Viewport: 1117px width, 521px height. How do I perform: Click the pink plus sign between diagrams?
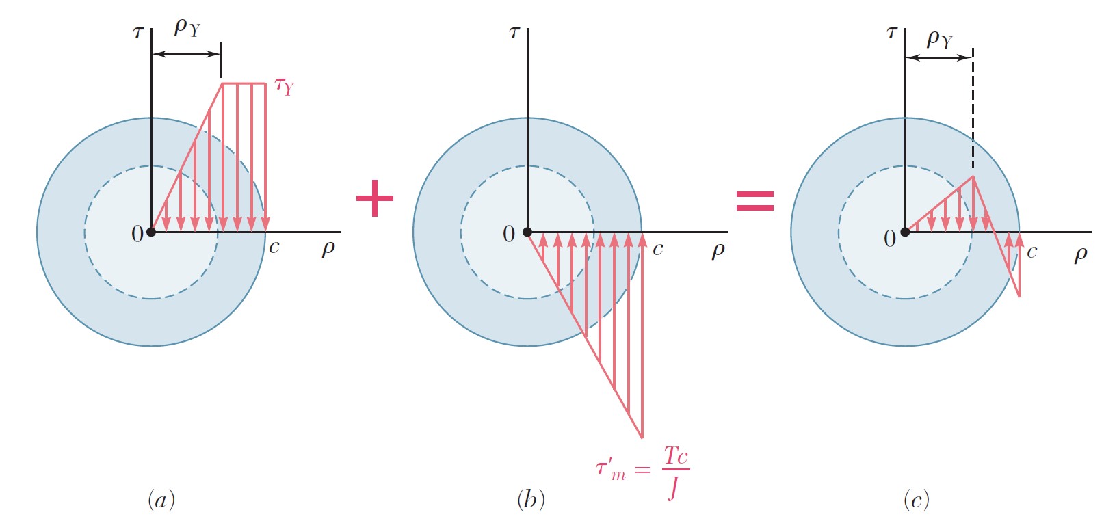point(375,198)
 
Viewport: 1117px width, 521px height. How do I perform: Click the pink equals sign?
point(754,200)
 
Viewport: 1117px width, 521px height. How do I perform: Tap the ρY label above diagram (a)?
point(187,27)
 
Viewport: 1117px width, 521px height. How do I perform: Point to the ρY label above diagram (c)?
point(939,39)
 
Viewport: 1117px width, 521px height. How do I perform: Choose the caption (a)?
point(161,500)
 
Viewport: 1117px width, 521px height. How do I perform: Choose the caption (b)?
point(531,500)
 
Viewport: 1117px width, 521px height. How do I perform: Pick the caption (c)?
point(916,500)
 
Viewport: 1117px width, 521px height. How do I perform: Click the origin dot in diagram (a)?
point(151,232)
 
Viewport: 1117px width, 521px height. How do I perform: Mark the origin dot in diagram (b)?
point(527,232)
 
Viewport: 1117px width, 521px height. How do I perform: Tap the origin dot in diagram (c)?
point(905,232)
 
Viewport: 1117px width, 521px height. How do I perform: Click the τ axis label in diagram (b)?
point(514,32)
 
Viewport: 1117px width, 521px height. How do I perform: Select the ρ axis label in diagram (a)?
point(328,248)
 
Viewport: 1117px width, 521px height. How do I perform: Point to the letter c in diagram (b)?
point(657,249)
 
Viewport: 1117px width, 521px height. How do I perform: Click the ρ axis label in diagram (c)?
point(1081,254)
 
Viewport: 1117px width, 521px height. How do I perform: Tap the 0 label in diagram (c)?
point(889,239)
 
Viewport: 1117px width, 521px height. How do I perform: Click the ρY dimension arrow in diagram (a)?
point(186,53)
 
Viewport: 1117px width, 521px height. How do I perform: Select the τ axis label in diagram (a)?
point(138,32)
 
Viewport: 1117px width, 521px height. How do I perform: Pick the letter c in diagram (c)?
point(1031,252)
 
